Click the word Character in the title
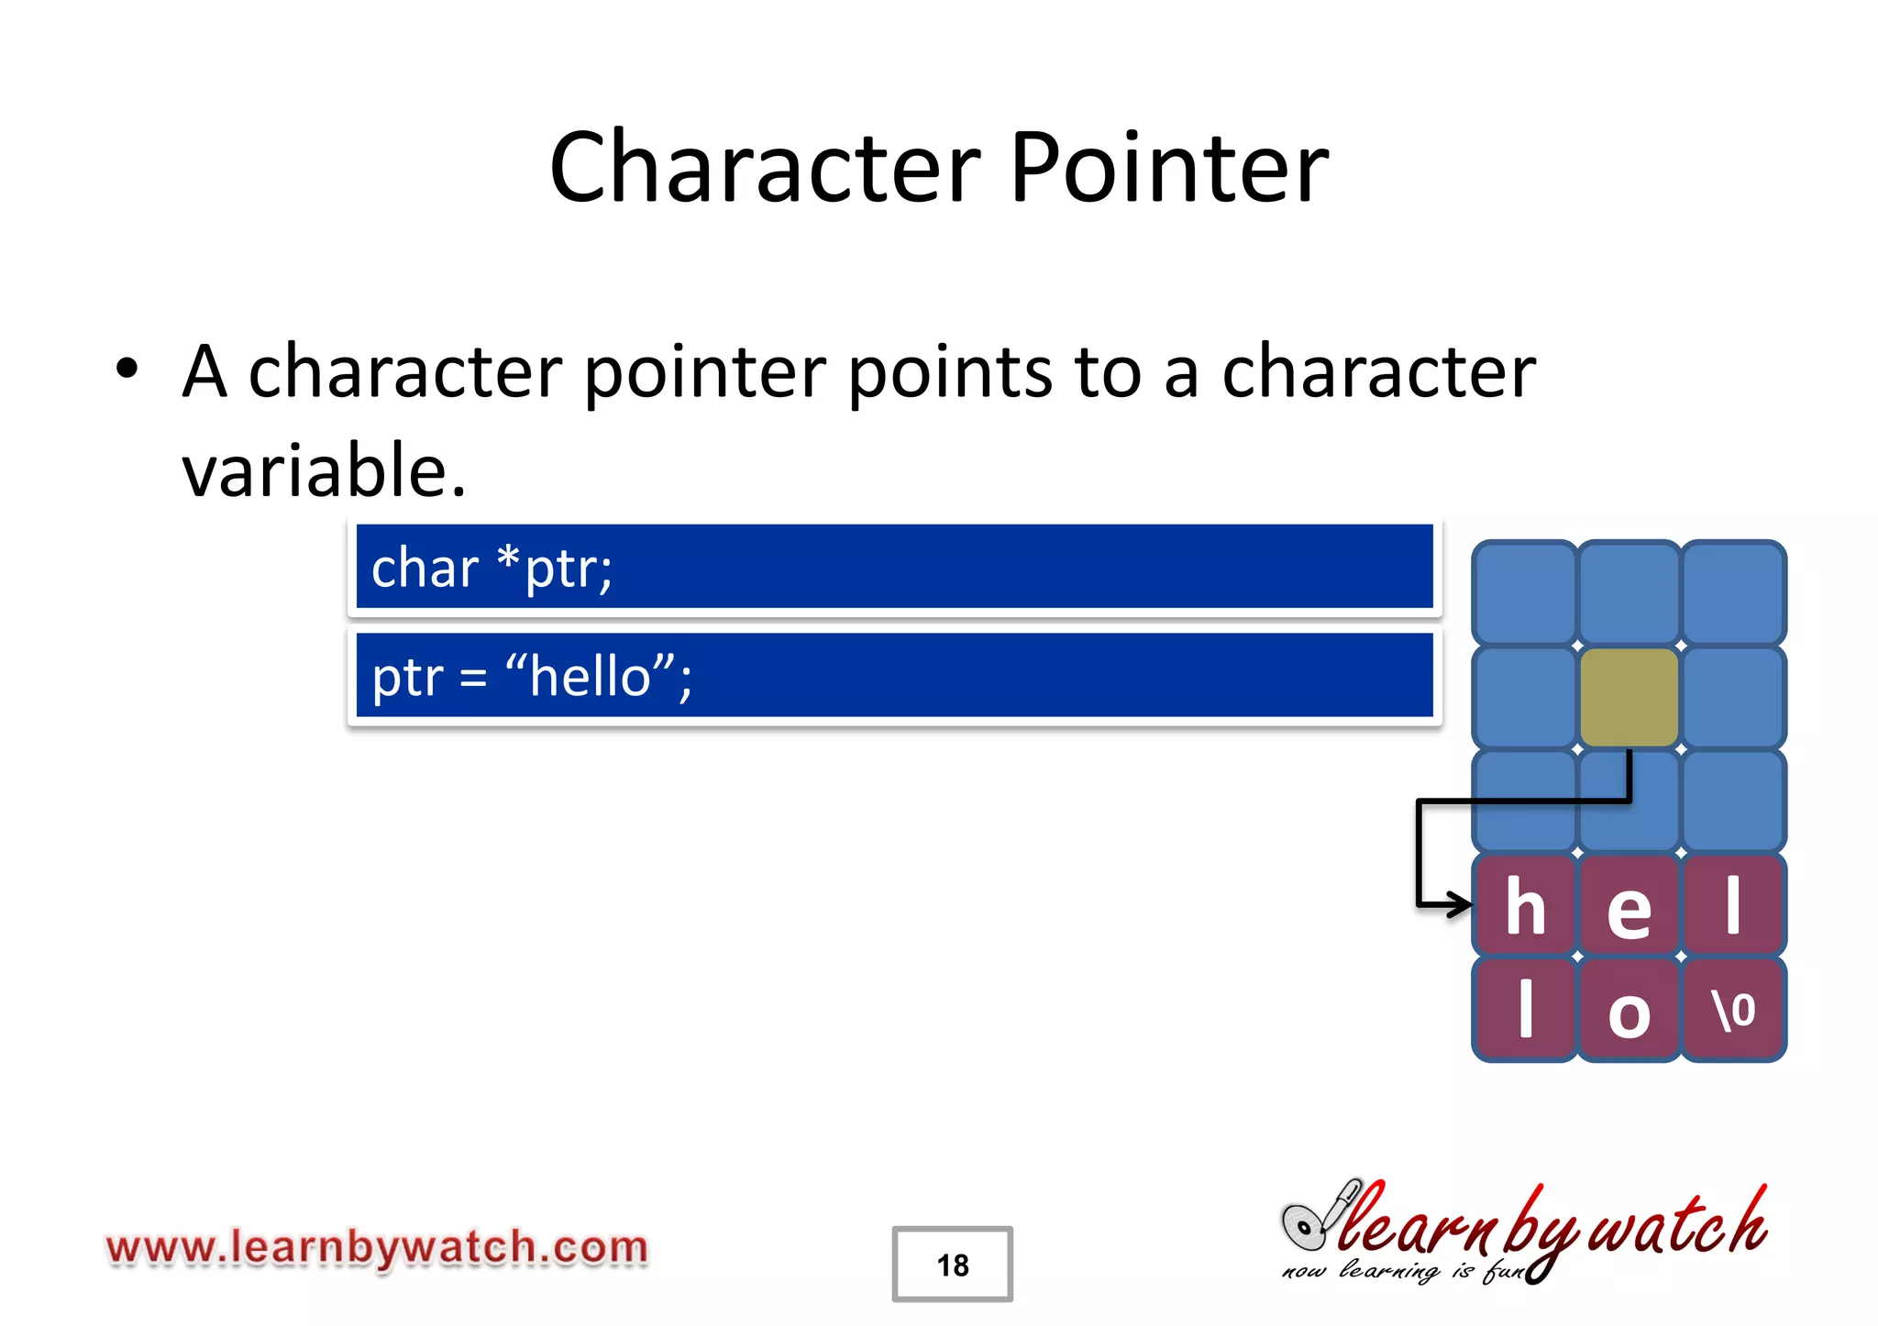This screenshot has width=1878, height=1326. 766,168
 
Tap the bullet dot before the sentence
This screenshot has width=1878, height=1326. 127,369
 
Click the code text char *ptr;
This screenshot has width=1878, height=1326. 492,568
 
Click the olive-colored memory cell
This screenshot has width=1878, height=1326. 1629,697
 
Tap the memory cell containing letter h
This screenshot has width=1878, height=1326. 1524,906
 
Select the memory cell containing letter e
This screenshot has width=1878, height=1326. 1629,906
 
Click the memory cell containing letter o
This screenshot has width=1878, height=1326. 1629,1011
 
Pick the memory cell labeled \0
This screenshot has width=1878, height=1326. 1733,1011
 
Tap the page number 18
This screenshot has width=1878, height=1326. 952,1265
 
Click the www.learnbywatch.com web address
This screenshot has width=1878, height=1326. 377,1248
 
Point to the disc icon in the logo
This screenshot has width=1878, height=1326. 1302,1227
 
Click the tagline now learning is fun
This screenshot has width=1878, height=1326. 1403,1271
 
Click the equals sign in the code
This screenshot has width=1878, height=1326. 473,680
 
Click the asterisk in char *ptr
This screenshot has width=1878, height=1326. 507,557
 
